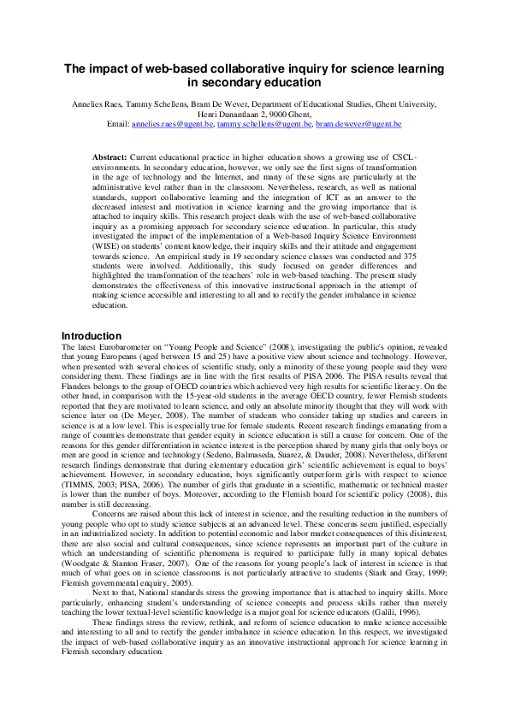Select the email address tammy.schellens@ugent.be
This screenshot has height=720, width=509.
pos(264,125)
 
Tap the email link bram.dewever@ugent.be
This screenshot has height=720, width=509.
pos(358,125)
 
